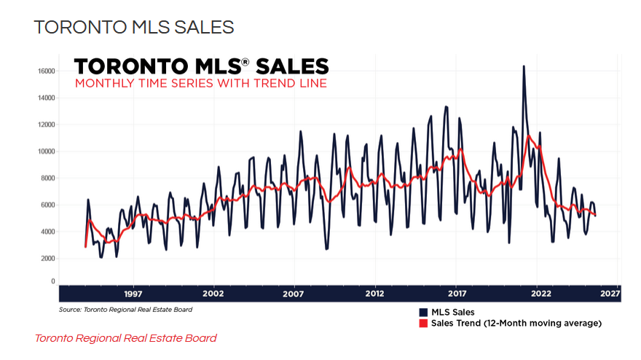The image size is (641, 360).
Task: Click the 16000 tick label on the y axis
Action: coord(47,71)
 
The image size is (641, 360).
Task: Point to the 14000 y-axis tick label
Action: coord(47,98)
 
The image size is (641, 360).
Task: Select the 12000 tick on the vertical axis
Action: coord(47,125)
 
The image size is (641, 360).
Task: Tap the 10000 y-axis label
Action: coord(47,152)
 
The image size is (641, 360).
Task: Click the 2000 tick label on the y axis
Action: coord(49,259)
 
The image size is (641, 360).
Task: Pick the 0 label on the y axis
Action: coord(52,281)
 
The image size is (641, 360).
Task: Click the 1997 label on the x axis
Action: coord(133,294)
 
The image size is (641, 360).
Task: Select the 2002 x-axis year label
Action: coord(213,294)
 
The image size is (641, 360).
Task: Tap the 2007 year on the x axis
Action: coord(294,294)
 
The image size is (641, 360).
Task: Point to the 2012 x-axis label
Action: coord(375,294)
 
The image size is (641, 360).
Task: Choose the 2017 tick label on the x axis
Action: coord(456,294)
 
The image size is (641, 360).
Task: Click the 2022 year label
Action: coord(537,294)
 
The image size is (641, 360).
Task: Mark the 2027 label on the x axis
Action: coord(610,294)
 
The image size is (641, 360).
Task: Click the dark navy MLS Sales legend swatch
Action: coord(422,313)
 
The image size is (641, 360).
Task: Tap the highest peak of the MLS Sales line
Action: coord(523,66)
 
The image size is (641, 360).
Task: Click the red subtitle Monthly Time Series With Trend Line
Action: coord(201,84)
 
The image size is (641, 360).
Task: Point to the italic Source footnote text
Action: coord(125,310)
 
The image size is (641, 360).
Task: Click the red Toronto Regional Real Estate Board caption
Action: coord(125,338)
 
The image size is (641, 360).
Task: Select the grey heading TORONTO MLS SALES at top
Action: coord(134,28)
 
